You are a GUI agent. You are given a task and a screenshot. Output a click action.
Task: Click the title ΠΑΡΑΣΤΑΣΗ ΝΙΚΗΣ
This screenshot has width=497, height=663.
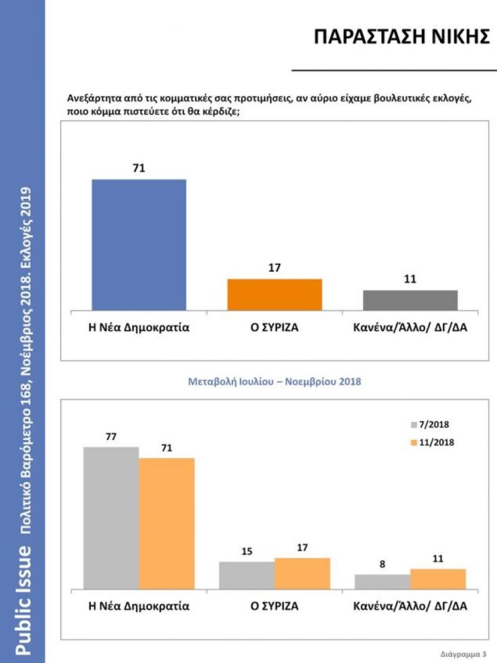(x=401, y=37)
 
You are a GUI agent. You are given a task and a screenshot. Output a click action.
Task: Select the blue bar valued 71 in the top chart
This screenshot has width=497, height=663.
(x=139, y=245)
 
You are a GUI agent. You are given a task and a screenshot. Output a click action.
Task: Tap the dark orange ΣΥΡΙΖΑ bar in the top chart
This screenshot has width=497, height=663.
(x=274, y=294)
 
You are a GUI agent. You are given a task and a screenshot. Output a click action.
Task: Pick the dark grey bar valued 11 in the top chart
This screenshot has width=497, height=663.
(x=410, y=300)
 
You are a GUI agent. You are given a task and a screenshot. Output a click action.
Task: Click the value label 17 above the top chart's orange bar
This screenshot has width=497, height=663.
(x=274, y=268)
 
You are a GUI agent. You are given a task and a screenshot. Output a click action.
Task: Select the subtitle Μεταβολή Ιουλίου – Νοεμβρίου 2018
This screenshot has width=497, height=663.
(x=274, y=382)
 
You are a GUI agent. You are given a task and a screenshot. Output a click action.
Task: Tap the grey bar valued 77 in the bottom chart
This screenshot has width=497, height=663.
(x=111, y=518)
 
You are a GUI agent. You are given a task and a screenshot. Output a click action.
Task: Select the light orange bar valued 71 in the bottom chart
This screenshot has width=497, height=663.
(x=167, y=524)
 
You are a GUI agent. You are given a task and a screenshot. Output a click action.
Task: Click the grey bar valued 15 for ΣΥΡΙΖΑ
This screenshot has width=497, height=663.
(x=247, y=575)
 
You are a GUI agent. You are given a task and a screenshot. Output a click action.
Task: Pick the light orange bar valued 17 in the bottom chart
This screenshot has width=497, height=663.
(x=302, y=573)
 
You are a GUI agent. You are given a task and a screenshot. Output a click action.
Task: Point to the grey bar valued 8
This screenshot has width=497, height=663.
(x=382, y=582)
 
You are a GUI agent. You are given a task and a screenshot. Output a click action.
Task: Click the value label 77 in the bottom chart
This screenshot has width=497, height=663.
(x=111, y=437)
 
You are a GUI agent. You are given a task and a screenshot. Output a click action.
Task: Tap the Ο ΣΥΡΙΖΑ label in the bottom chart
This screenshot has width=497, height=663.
(x=274, y=607)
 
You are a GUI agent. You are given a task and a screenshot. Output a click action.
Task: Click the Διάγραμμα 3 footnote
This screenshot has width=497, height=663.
(x=462, y=653)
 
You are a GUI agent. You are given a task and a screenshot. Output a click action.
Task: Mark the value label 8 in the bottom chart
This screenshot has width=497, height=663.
(x=382, y=564)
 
